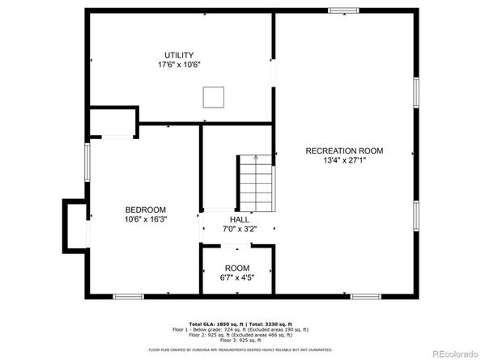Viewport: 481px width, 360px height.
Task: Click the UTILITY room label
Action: [x=179, y=55]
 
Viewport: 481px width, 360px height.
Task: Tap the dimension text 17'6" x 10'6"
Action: [x=179, y=65]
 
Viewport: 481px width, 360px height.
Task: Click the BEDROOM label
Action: [x=146, y=210]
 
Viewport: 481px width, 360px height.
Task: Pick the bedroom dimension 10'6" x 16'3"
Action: [x=146, y=219]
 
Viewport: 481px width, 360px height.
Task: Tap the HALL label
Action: [x=239, y=219]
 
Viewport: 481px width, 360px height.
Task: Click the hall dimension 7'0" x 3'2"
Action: [x=239, y=229]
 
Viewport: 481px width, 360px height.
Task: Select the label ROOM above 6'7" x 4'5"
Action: [x=237, y=268]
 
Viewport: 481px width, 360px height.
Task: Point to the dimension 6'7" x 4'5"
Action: [x=237, y=277]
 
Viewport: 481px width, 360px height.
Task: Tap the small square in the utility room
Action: [x=214, y=97]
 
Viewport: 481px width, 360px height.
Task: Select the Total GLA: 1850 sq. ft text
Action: [x=213, y=323]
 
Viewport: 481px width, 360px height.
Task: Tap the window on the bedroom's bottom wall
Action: [x=128, y=297]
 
